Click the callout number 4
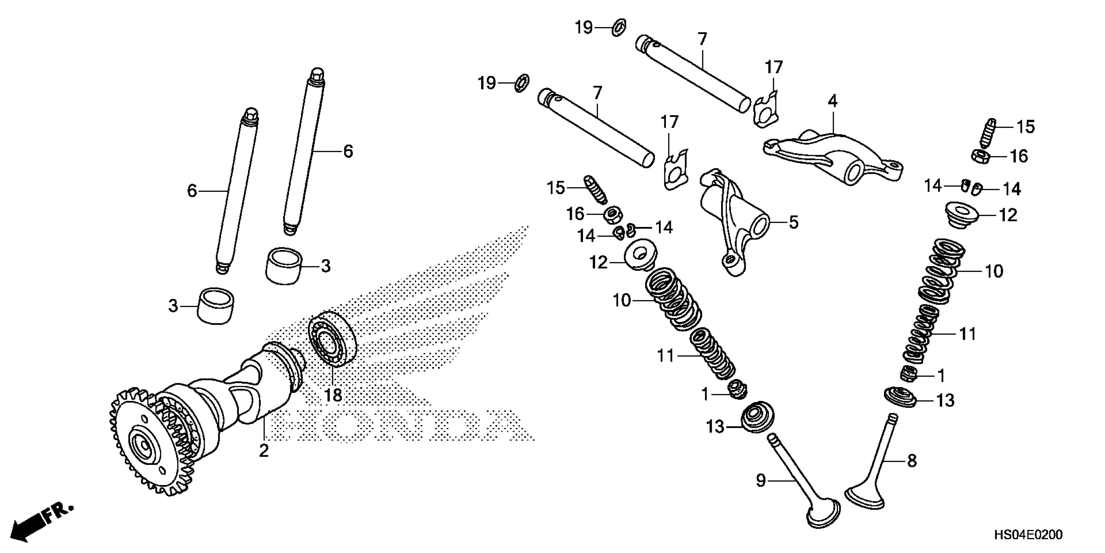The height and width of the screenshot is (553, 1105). pyautogui.click(x=833, y=101)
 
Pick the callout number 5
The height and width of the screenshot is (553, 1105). pyautogui.click(x=794, y=223)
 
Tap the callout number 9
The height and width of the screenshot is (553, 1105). pyautogui.click(x=760, y=480)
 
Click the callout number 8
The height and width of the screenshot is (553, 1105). pyautogui.click(x=912, y=461)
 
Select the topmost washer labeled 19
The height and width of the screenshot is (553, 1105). pyautogui.click(x=618, y=27)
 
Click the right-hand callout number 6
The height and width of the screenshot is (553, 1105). pyautogui.click(x=348, y=151)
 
